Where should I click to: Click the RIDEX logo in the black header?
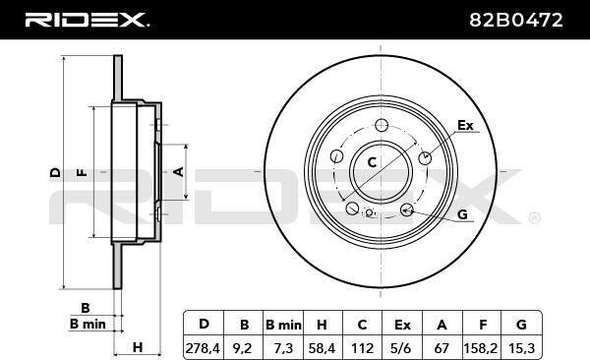pyautogui.click(x=87, y=20)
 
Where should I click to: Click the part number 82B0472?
pyautogui.click(x=516, y=20)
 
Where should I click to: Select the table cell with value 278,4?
pyautogui.click(x=203, y=348)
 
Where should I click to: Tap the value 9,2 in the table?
pyautogui.click(x=243, y=348)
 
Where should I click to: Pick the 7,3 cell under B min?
pyautogui.click(x=283, y=348)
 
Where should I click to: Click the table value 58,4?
pyautogui.click(x=323, y=348)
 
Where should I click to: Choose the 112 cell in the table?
pyautogui.click(x=362, y=348)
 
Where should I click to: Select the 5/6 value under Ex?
pyautogui.click(x=401, y=348)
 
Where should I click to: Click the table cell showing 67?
pyautogui.click(x=442, y=348)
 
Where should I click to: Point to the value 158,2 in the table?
pyautogui.click(x=481, y=348)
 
